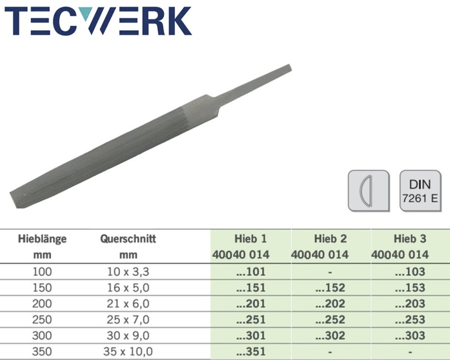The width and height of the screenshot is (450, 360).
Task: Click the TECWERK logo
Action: coord(98,21)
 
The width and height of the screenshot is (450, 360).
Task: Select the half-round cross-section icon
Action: coord(369,191)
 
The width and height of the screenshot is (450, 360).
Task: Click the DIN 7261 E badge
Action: coord(420,191)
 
